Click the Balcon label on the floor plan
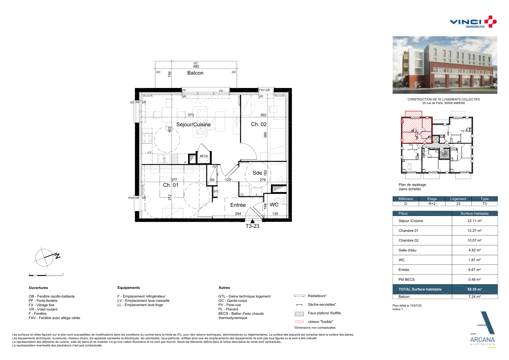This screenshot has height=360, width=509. click(x=195, y=73)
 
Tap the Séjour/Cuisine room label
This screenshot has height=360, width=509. click(x=194, y=125)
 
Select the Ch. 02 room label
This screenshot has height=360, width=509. click(x=259, y=124)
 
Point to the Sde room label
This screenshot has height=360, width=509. click(x=257, y=173)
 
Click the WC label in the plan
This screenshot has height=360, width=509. click(x=274, y=205)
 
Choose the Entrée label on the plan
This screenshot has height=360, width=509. click(x=238, y=205)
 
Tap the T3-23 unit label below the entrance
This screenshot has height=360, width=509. click(x=252, y=226)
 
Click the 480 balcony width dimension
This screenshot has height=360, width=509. click(x=196, y=66)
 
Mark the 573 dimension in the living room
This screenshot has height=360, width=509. click(x=191, y=115)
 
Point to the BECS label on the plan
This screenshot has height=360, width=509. click(x=204, y=156)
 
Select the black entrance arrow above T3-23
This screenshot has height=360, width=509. click(x=252, y=221)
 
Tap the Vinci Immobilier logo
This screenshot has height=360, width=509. click(x=473, y=22)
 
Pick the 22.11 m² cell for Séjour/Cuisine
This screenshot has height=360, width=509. click(x=474, y=221)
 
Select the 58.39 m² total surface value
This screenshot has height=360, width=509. click(x=474, y=289)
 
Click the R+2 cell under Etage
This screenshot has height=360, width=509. click(x=432, y=204)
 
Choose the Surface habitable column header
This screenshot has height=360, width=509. click(x=474, y=214)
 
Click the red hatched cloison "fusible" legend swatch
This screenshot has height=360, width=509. click(x=299, y=322)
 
